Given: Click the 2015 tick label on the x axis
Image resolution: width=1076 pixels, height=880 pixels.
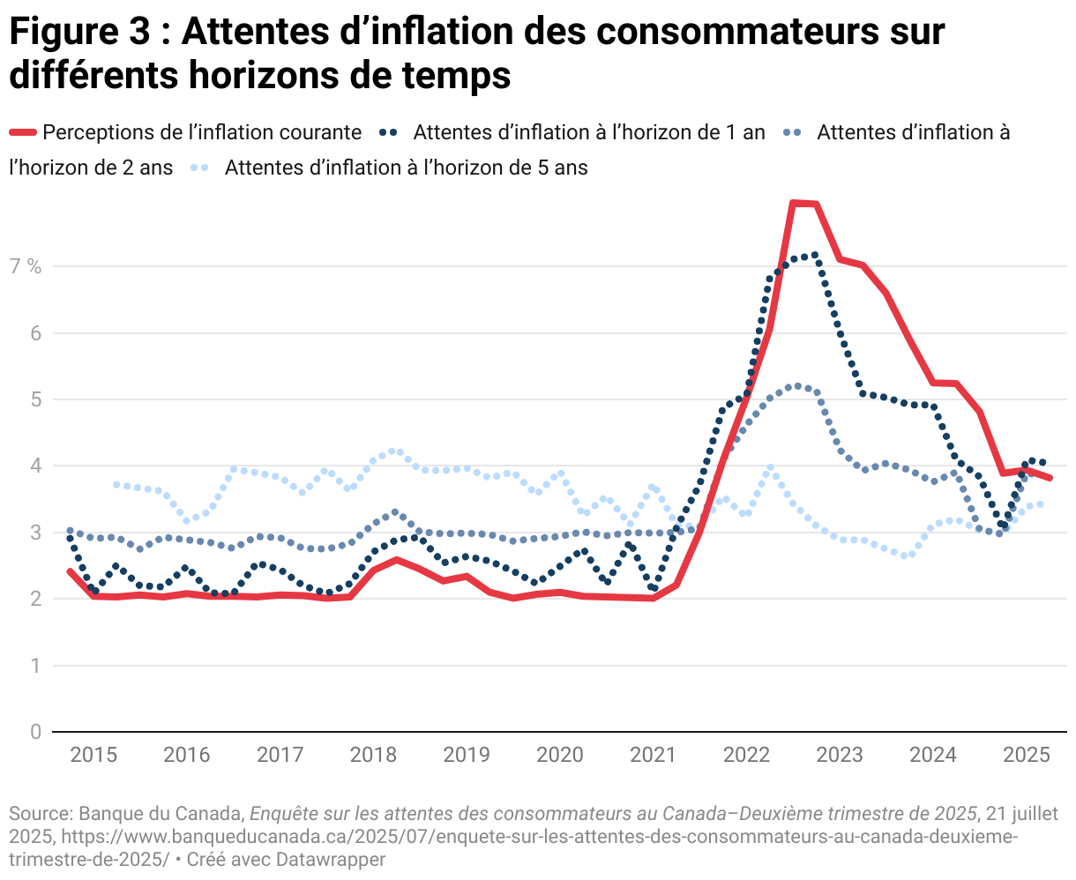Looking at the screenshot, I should tap(93, 755).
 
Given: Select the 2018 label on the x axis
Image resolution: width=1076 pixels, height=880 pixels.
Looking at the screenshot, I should tap(373, 755).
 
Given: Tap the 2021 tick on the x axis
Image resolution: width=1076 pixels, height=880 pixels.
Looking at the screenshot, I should tap(654, 755).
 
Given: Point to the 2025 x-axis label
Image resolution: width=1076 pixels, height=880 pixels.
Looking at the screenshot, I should tap(1027, 755).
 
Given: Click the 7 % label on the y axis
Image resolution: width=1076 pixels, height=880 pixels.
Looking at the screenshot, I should tap(26, 266).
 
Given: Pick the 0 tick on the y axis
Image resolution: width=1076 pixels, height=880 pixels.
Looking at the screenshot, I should tap(35, 732).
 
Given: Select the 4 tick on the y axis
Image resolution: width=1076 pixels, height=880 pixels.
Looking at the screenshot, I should tap(35, 466).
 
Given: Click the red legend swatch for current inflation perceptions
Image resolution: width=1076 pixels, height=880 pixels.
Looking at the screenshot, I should tap(23, 132).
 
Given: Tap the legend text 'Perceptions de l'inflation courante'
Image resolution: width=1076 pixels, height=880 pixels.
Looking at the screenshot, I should tap(202, 132).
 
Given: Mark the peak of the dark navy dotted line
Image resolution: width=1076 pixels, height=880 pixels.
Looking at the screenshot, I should tap(814, 255).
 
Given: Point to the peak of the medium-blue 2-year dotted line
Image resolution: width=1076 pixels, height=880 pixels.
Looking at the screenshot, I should tap(796, 385).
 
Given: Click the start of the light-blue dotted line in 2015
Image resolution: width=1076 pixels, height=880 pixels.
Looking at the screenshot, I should tap(116, 484).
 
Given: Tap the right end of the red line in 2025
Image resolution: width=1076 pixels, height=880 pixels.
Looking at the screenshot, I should tap(1050, 478).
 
